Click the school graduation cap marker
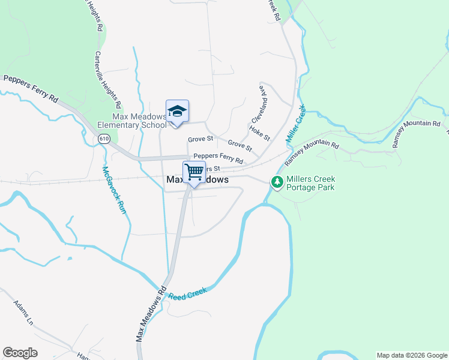(177, 112)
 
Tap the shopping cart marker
(194, 172)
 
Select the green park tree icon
(277, 182)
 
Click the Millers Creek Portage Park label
(310, 183)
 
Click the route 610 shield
(104, 139)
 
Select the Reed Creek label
(187, 294)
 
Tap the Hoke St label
(259, 133)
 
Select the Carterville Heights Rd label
(111, 79)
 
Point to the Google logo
(20, 353)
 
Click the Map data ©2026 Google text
(411, 355)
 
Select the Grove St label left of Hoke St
(200, 139)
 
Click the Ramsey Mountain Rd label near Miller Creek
(312, 154)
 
